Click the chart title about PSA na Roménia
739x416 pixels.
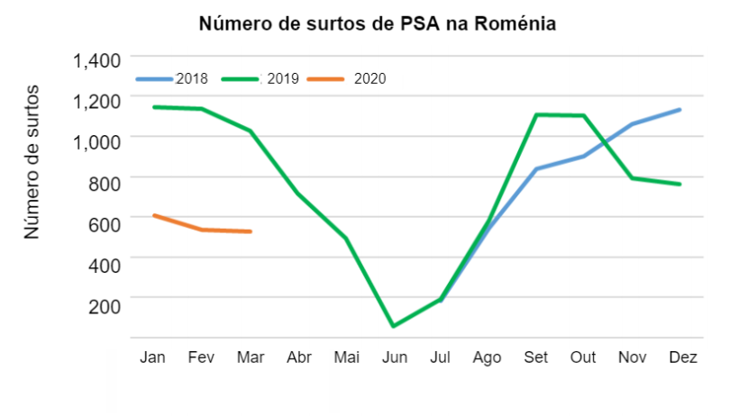tap(377, 23)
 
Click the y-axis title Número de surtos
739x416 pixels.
tap(32, 162)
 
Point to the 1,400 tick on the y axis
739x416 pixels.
tap(97, 61)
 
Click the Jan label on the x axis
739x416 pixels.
tap(152, 357)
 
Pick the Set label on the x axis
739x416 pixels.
tap(535, 357)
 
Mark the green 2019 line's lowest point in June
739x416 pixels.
tap(392, 326)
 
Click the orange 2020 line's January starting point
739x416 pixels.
tap(154, 215)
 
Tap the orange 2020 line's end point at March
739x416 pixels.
tap(250, 231)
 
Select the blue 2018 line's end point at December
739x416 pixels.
tap(679, 110)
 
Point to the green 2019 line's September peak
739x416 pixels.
tap(536, 114)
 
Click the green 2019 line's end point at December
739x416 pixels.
tap(679, 184)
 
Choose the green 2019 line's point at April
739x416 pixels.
tap(297, 193)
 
